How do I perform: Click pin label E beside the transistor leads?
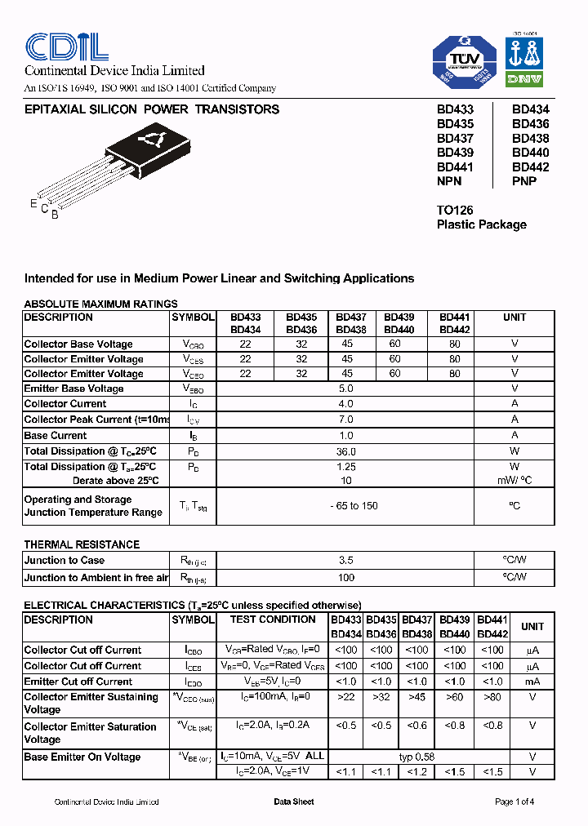pos(33,203)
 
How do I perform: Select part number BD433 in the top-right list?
pos(455,109)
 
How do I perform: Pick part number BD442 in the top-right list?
pos(530,167)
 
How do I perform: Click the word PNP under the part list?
pos(523,181)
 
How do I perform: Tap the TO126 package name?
pos(455,210)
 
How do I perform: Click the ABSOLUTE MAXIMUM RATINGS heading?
pos(100,304)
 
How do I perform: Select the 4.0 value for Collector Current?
pos(345,404)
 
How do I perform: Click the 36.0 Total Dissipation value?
pos(345,451)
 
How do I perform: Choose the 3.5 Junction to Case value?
pos(345,561)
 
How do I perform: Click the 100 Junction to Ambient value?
pos(345,578)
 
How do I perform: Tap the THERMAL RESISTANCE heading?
pos(82,544)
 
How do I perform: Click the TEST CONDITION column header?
pos(272,619)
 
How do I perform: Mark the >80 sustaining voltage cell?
pos(492,697)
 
